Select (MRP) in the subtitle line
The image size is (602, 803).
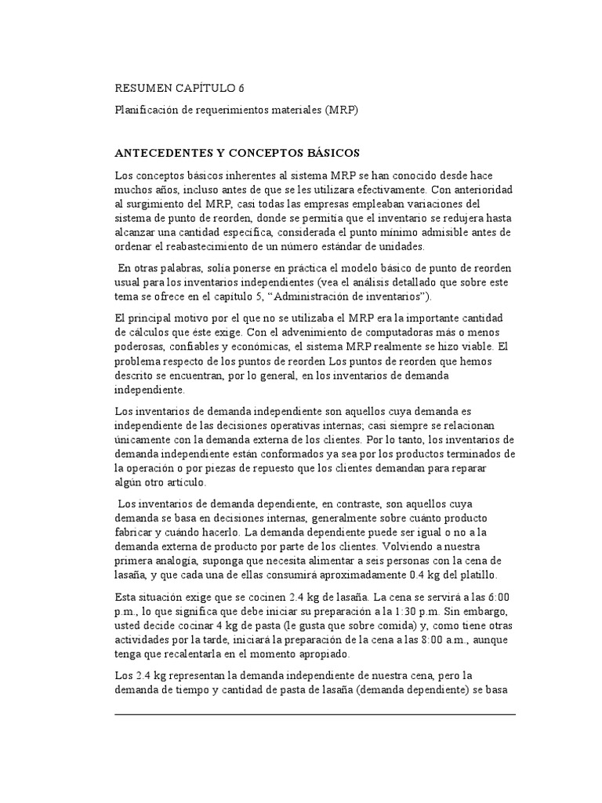coord(339,111)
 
